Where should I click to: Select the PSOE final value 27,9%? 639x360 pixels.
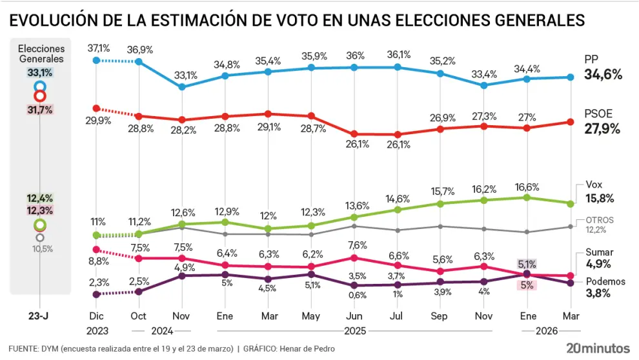coord(603,129)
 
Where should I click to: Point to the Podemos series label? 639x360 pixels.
coord(605,281)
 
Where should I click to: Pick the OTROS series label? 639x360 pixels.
coord(600,220)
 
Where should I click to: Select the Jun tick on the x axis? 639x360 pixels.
coord(354,316)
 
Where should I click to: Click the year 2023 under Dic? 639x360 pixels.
coord(96,330)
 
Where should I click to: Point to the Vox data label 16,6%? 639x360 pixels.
coord(527,186)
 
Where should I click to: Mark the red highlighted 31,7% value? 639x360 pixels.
coord(40,110)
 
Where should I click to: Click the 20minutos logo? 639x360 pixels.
coord(598,347)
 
